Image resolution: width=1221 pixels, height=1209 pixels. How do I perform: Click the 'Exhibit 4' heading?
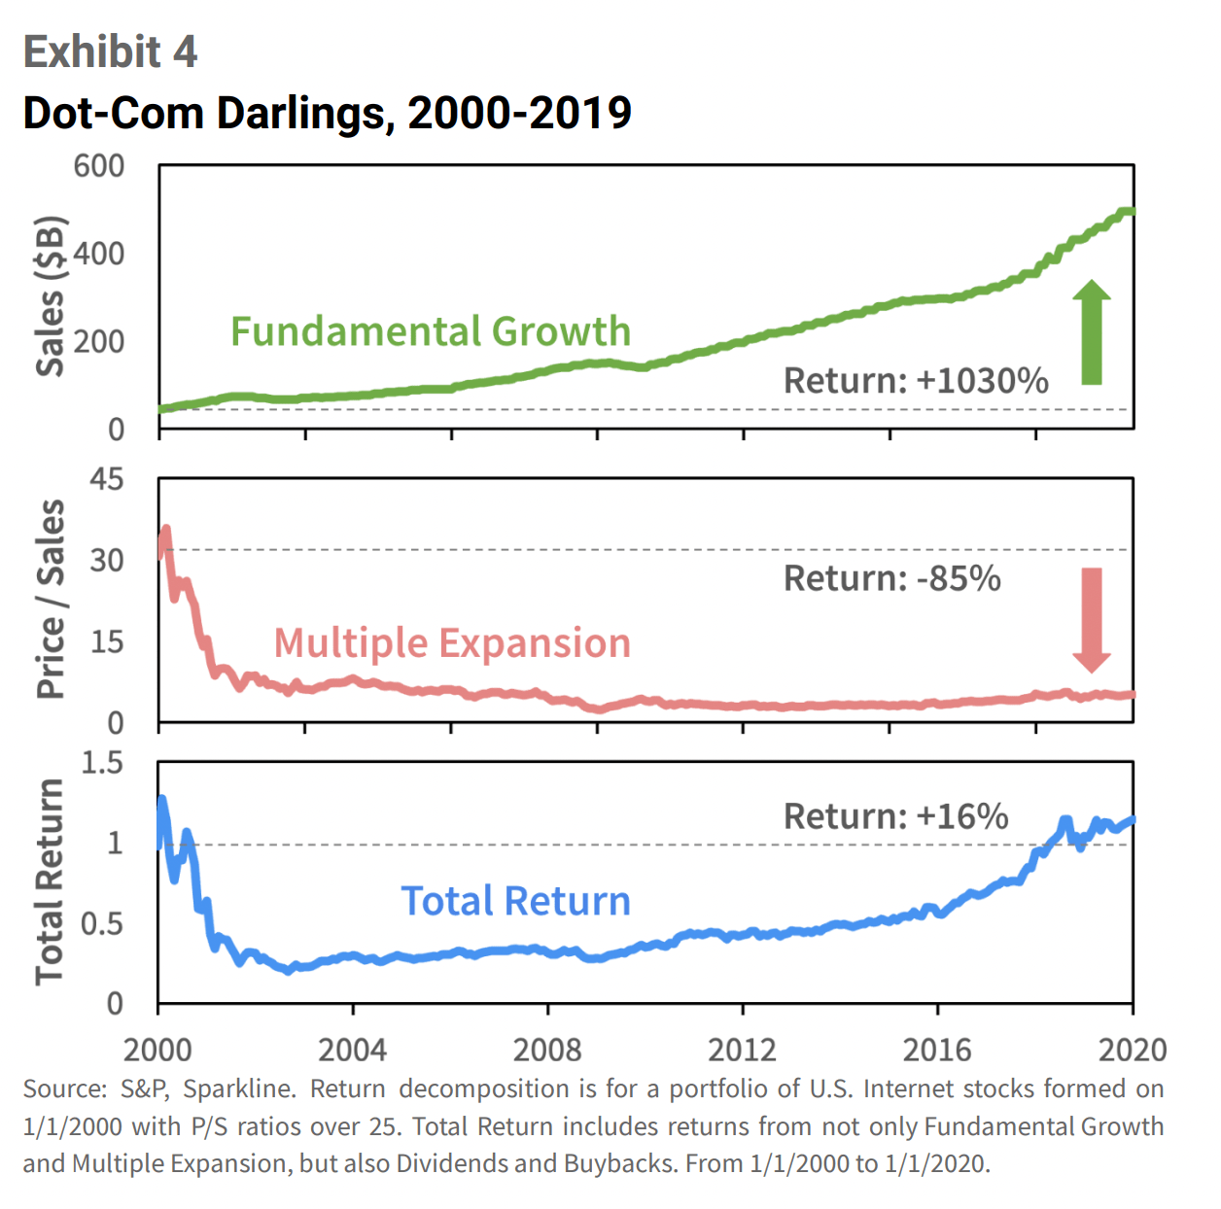pyautogui.click(x=110, y=52)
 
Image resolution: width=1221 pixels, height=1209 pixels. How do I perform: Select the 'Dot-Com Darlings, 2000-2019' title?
pyautogui.click(x=327, y=113)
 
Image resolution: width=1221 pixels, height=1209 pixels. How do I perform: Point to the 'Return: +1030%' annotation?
pyautogui.click(x=916, y=381)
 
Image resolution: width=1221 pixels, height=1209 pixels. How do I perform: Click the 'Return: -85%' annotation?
pyautogui.click(x=891, y=578)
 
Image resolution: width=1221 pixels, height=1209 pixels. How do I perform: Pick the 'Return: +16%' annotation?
pyautogui.click(x=895, y=816)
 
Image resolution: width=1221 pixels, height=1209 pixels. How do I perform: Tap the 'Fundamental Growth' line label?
pyautogui.click(x=431, y=331)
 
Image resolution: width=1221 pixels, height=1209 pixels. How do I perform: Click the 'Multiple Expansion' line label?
pyautogui.click(x=452, y=642)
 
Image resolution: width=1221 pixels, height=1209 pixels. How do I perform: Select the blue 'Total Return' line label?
pyautogui.click(x=515, y=901)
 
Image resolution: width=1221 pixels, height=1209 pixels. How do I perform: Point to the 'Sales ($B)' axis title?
pyautogui.click(x=50, y=296)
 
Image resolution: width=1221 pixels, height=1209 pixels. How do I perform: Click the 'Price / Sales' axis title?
pyautogui.click(x=50, y=600)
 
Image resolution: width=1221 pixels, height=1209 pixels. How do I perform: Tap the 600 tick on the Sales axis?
pyautogui.click(x=99, y=166)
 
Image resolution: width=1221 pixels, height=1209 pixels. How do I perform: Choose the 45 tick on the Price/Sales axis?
pyautogui.click(x=106, y=479)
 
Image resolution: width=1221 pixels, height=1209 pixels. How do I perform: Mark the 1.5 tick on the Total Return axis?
pyautogui.click(x=102, y=763)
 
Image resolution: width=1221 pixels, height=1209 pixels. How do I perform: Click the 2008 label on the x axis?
pyautogui.click(x=547, y=1050)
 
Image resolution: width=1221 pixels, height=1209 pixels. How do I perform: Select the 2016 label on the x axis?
pyautogui.click(x=937, y=1050)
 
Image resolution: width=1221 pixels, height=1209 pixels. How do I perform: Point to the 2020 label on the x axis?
pyautogui.click(x=1132, y=1050)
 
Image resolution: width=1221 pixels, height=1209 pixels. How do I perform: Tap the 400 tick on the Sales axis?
pyautogui.click(x=99, y=254)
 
